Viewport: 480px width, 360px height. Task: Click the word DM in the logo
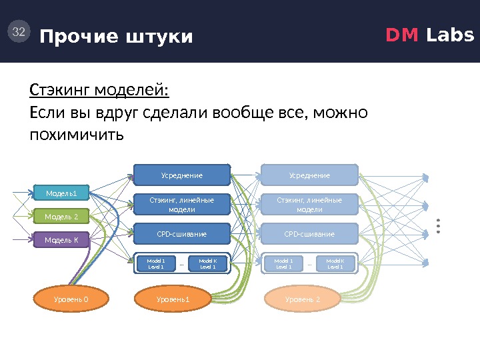[400, 35]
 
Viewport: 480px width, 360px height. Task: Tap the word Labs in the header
[450, 35]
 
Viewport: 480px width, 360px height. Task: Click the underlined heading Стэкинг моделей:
[99, 89]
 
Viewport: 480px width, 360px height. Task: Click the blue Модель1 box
[61, 194]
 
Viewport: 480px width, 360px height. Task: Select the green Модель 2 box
[61, 217]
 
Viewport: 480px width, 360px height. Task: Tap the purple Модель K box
[61, 239]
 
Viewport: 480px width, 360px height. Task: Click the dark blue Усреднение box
[182, 175]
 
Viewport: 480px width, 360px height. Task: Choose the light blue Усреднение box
[309, 175]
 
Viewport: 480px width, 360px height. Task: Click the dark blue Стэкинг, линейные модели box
[182, 205]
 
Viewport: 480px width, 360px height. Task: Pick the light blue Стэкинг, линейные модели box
[309, 205]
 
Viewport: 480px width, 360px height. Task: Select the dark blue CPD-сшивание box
[182, 234]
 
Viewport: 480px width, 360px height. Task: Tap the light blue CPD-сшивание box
[309, 234]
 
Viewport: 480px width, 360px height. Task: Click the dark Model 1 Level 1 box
[155, 263]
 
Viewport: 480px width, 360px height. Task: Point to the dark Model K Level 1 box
[208, 263]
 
